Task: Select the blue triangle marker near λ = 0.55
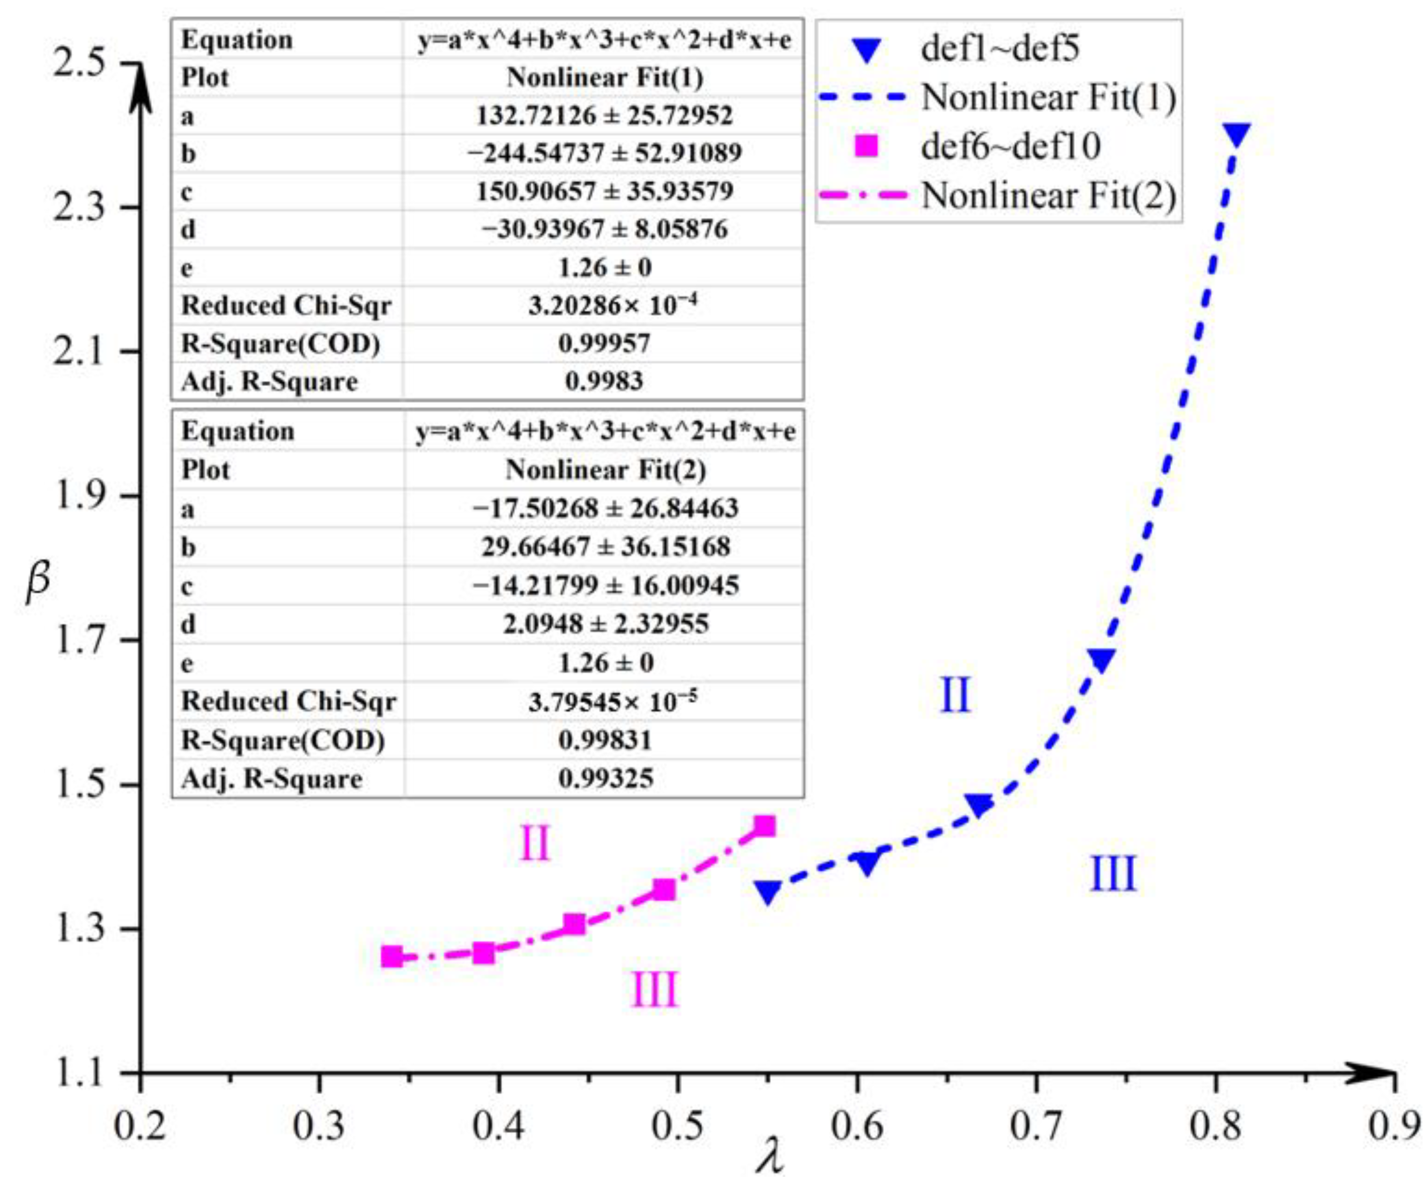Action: (768, 891)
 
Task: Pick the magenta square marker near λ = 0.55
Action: (766, 826)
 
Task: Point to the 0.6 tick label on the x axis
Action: (857, 1126)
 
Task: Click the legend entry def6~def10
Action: (1010, 146)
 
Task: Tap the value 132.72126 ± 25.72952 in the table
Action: (604, 116)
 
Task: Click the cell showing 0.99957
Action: (604, 343)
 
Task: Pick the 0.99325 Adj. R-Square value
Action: (605, 778)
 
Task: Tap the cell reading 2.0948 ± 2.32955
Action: (605, 624)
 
